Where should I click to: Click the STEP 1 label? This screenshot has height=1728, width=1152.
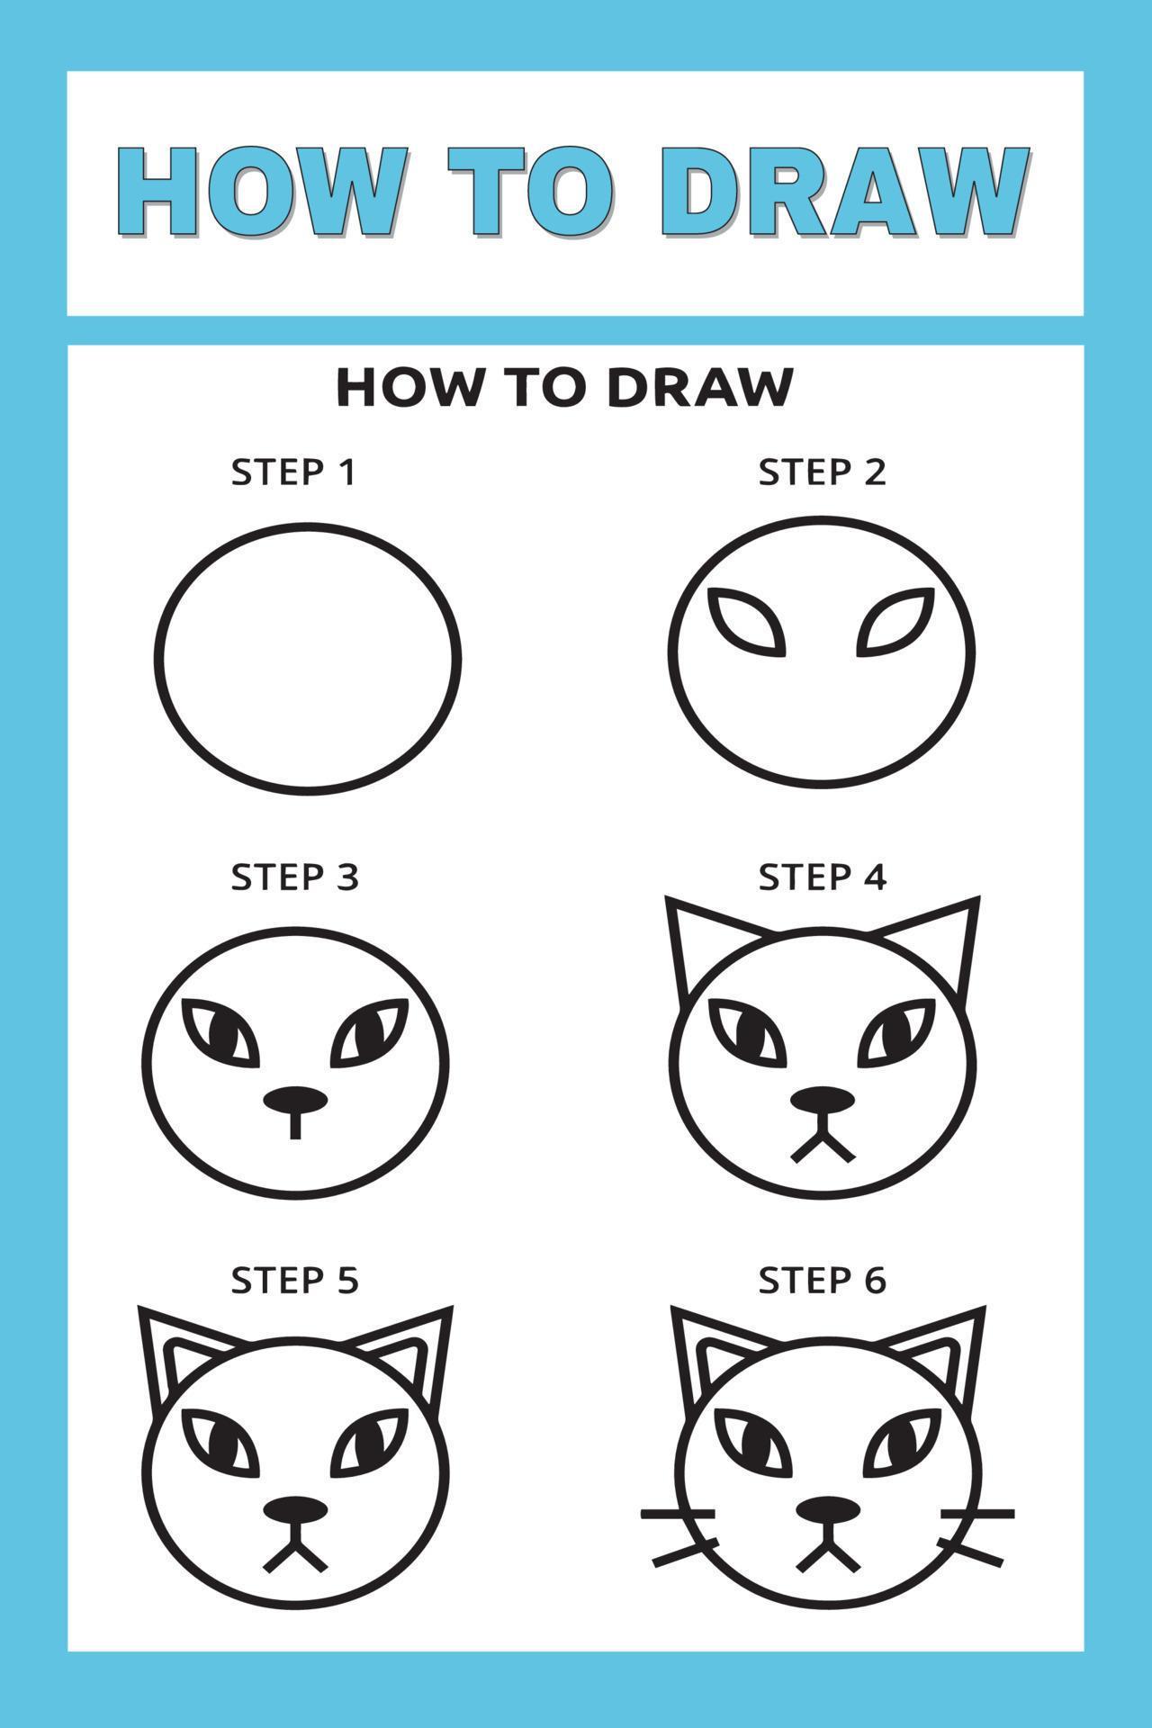[293, 472]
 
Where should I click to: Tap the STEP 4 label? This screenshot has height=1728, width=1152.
[822, 877]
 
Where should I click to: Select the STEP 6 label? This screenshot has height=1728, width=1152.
[822, 1280]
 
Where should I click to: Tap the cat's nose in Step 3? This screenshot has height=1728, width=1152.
[295, 1100]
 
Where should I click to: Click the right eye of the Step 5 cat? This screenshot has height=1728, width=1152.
[373, 1442]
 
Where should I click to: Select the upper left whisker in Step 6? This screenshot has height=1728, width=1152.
[677, 1514]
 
